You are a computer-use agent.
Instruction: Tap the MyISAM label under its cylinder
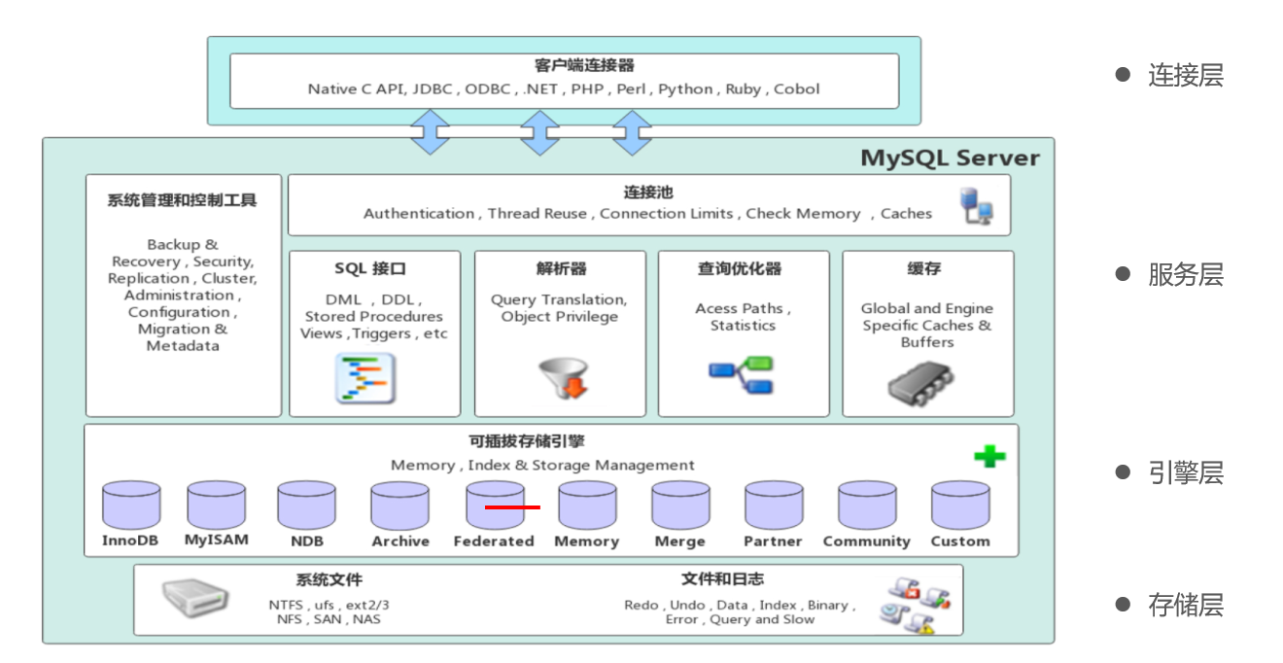coord(216,540)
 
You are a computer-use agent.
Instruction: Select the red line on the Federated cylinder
coord(512,507)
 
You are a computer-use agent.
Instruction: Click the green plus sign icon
coord(989,456)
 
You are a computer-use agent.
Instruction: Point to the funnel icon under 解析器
coord(563,379)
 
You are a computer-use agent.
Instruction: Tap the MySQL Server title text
coord(950,157)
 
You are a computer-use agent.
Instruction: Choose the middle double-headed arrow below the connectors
coord(539,132)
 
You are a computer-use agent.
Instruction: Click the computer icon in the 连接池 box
coord(976,206)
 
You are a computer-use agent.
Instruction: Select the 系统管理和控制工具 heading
coord(182,200)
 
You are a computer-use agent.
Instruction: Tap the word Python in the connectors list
coord(685,89)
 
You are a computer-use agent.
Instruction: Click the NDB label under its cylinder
coord(307,541)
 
